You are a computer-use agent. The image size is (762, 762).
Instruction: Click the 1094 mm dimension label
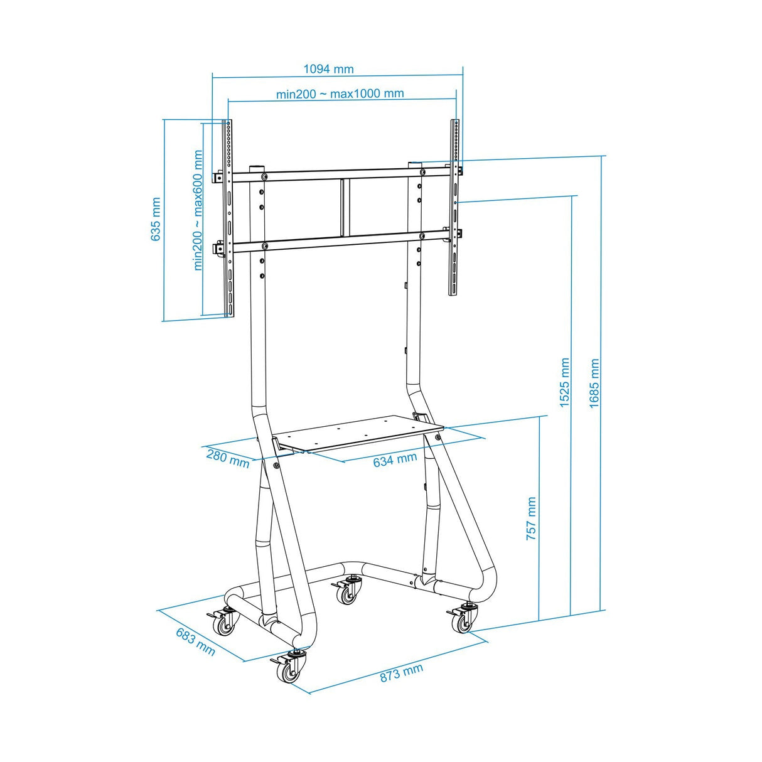(x=328, y=69)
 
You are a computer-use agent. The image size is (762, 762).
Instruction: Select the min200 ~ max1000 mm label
(x=340, y=94)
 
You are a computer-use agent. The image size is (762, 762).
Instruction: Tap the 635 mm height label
(x=156, y=219)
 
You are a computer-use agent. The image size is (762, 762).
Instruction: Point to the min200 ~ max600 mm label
(x=198, y=210)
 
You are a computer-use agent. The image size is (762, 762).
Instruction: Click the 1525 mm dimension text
(x=565, y=383)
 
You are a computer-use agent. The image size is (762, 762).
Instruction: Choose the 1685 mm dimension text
(x=594, y=384)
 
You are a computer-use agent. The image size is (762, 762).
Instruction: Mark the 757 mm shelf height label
(x=531, y=519)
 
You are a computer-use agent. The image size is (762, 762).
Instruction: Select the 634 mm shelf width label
(x=395, y=460)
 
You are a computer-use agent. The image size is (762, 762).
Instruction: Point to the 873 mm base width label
(x=401, y=673)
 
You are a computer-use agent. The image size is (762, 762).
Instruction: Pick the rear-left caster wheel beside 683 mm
(x=223, y=625)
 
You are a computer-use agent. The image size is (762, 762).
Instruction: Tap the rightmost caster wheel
(x=462, y=621)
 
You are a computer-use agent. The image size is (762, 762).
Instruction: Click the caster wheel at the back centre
(x=347, y=593)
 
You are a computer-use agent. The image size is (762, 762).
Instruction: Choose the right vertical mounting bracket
(x=454, y=207)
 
